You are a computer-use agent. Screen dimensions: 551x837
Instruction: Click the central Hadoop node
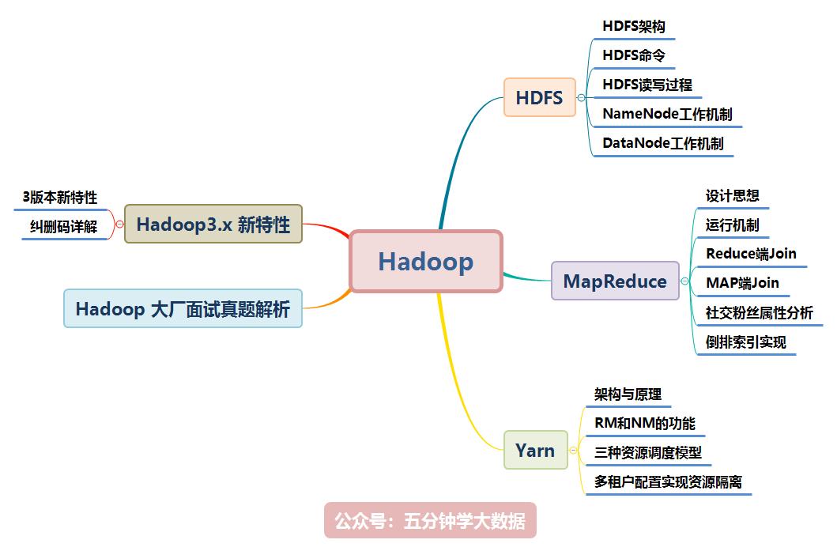(426, 262)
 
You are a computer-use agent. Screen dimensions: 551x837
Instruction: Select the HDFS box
(540, 98)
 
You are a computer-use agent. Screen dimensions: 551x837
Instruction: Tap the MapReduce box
(615, 281)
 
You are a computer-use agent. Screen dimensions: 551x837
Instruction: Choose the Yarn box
(535, 451)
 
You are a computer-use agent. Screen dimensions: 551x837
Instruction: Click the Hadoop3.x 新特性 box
(213, 224)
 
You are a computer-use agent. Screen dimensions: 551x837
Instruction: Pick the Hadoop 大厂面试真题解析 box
(183, 308)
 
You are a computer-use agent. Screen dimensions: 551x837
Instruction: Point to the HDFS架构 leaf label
(634, 26)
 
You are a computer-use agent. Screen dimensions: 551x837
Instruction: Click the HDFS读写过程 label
(647, 85)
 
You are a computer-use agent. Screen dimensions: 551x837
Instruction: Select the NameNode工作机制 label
(667, 114)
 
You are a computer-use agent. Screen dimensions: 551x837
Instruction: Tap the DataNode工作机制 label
(662, 143)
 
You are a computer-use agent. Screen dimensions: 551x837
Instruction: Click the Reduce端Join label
(751, 254)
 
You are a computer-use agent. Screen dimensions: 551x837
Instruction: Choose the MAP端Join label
(742, 282)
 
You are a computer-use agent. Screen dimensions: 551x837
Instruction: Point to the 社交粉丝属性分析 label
(759, 312)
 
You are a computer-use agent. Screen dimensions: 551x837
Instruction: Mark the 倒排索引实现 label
(746, 342)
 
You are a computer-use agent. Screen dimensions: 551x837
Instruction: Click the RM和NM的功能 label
(645, 424)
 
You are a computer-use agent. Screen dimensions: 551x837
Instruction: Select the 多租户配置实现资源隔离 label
(668, 481)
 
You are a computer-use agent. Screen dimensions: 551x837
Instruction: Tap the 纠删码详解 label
(64, 227)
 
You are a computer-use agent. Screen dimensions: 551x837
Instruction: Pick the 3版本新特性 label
(60, 198)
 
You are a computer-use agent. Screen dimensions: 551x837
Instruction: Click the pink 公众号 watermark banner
(430, 522)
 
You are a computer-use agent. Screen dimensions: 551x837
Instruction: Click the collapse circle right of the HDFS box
(581, 98)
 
